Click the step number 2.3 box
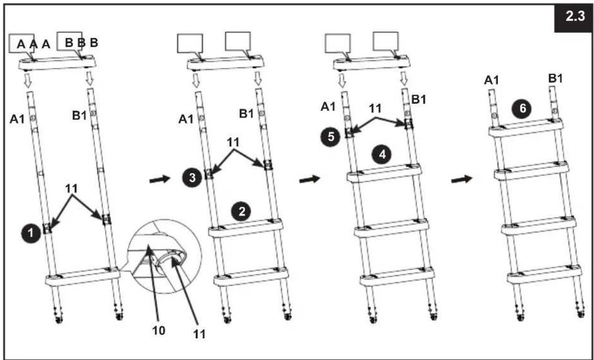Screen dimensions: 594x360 pos(573,18)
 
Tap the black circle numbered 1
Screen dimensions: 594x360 pos(31,233)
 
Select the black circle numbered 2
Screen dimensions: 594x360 pos(241,212)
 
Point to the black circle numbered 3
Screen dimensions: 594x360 pos(192,177)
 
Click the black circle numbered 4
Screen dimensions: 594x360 pos(382,154)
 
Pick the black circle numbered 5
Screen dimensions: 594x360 pos(330,137)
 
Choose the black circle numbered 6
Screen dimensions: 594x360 pos(522,109)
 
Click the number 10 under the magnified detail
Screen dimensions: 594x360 pos(159,330)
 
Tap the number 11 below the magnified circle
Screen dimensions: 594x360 pos(199,335)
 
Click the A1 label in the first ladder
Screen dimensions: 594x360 pos(17,120)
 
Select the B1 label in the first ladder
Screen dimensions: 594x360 pos(79,116)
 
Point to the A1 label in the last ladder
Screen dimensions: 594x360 pos(491,80)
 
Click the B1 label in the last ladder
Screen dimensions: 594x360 pos(555,78)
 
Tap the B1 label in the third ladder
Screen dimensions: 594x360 pos(419,100)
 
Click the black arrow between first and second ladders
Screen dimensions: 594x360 pos(160,179)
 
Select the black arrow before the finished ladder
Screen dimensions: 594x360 pos(462,179)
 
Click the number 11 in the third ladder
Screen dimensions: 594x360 pos(375,108)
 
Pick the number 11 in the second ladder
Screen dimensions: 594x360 pos(233,142)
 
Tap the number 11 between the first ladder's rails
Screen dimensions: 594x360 pos(72,189)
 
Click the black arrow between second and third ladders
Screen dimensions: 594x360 pos(310,179)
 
